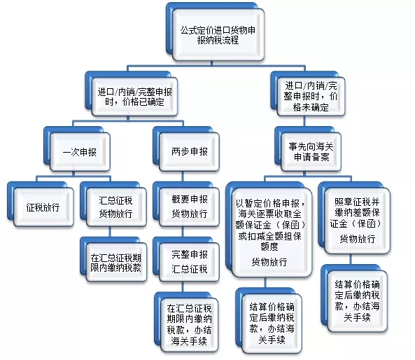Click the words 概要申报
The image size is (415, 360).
click(x=190, y=199)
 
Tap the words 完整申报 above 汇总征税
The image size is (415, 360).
click(x=190, y=254)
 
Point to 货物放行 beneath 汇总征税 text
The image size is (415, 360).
click(x=116, y=214)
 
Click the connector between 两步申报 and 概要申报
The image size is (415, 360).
click(x=183, y=176)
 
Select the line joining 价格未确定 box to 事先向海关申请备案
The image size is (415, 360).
click(x=304, y=121)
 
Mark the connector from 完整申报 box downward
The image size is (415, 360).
click(x=183, y=287)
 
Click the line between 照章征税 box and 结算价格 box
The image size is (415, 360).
click(x=351, y=259)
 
